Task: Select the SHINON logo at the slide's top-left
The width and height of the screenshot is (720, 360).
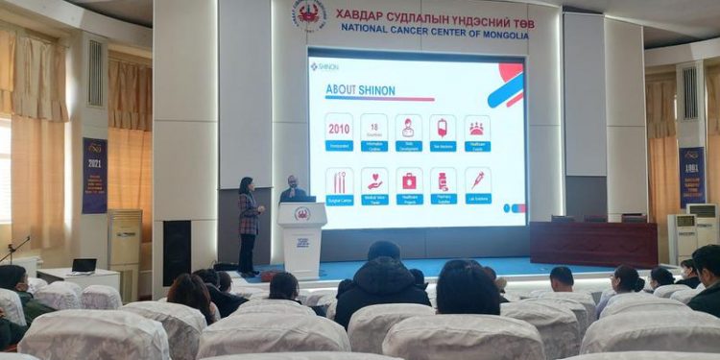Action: (324, 66)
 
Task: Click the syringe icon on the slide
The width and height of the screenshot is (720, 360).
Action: (477, 180)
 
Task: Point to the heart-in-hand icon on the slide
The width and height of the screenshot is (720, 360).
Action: (374, 180)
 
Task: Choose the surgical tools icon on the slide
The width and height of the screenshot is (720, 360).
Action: (339, 181)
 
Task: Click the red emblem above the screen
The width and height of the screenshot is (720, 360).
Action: (309, 13)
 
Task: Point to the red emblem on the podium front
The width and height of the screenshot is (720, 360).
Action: (301, 214)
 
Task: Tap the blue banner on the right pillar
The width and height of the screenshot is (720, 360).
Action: (691, 177)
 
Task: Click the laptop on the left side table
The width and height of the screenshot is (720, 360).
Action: (84, 265)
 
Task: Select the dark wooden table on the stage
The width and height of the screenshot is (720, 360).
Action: (593, 243)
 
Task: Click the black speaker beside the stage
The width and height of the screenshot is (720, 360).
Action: (177, 252)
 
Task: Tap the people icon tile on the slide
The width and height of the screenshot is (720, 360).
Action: (476, 128)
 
